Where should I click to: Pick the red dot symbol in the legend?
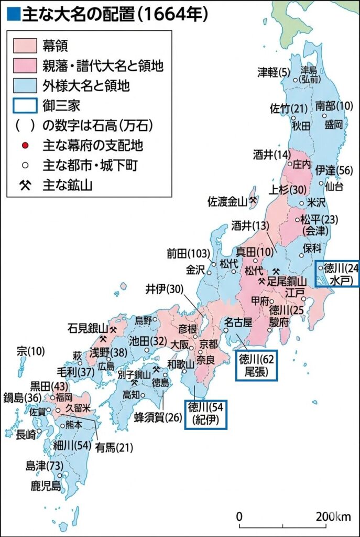coord(25,144)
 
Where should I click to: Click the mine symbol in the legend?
coord(25,185)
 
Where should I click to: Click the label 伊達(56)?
coord(334,170)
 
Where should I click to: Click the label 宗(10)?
coord(31,350)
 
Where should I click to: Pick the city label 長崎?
coord(27,434)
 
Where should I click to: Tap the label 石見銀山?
coord(88,329)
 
